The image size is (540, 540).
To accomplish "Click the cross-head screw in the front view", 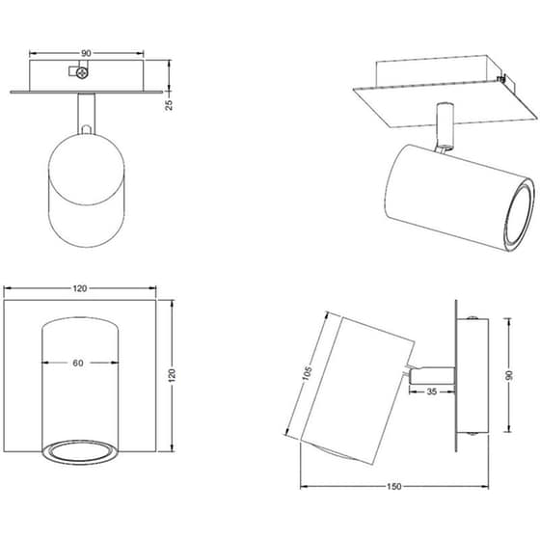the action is [82, 73].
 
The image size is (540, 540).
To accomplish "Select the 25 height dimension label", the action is [169, 105].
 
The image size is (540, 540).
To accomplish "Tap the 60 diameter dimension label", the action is [78, 363].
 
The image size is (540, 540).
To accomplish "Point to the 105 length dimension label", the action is [308, 373].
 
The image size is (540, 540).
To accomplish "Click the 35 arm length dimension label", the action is [432, 391].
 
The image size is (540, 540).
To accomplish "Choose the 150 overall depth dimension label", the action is [394, 486].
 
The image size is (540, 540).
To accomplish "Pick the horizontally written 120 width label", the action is [80, 288].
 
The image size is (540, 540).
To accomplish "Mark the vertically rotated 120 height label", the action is [173, 375].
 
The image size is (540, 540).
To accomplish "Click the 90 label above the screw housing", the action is [86, 53].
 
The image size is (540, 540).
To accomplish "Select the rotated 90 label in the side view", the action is [509, 375].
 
